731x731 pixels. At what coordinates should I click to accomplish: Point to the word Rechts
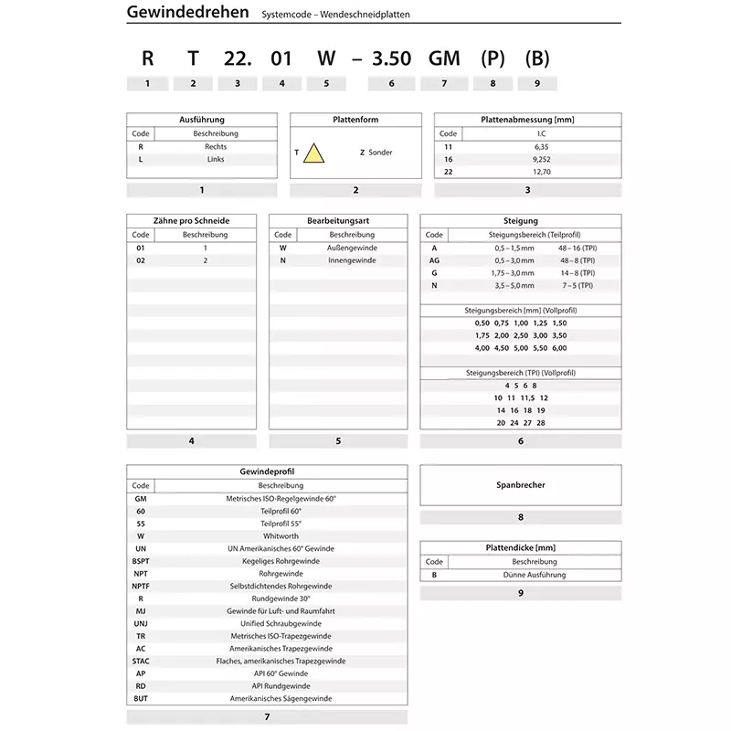(x=216, y=146)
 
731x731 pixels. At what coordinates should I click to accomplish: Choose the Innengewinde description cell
(x=352, y=260)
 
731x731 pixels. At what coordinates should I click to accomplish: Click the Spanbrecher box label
(x=520, y=485)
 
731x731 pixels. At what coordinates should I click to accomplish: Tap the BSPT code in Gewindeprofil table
(x=140, y=561)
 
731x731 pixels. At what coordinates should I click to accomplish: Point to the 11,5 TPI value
(x=526, y=398)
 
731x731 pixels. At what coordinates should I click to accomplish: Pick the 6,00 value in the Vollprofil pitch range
(x=559, y=348)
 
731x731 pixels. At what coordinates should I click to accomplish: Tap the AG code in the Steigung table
(x=434, y=260)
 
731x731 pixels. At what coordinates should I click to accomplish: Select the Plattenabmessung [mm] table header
(x=527, y=120)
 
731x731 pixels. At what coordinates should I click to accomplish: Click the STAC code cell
(x=140, y=661)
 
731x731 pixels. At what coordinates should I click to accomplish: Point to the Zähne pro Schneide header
(x=191, y=220)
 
